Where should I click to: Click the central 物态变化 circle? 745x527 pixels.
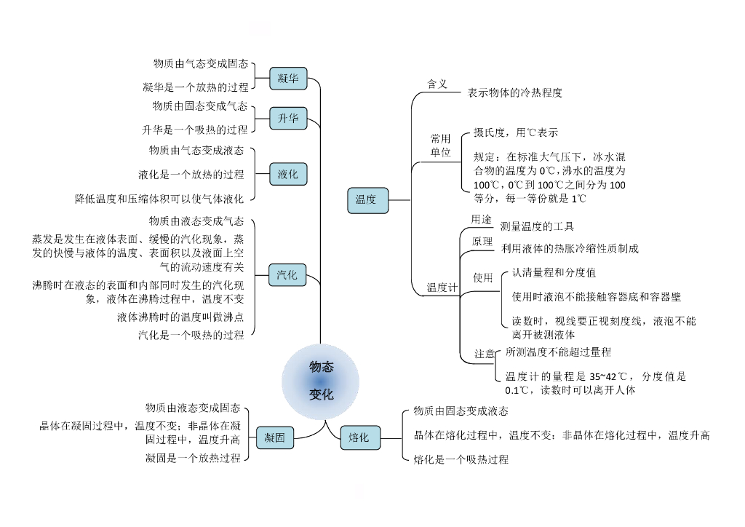pos(321,381)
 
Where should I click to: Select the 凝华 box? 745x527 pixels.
pos(288,78)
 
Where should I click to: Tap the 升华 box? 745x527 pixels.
pos(288,119)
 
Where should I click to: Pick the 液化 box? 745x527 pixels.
pos(288,175)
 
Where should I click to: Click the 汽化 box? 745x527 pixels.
pos(287,274)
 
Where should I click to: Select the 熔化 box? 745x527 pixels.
pos(359,437)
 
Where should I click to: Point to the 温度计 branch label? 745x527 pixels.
pos(442,288)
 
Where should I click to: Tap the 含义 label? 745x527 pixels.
pos(437,84)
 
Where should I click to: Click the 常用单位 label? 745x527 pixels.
pos(441,146)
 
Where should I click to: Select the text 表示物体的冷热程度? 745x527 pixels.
pos(514,93)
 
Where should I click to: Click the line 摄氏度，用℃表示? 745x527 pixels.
pos(516,133)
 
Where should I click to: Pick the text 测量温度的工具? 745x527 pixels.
pos(537,226)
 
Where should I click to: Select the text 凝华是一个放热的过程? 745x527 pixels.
pos(195,87)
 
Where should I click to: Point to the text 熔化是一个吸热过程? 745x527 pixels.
pos(461,459)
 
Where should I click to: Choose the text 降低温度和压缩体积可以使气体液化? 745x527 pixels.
pos(159,198)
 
